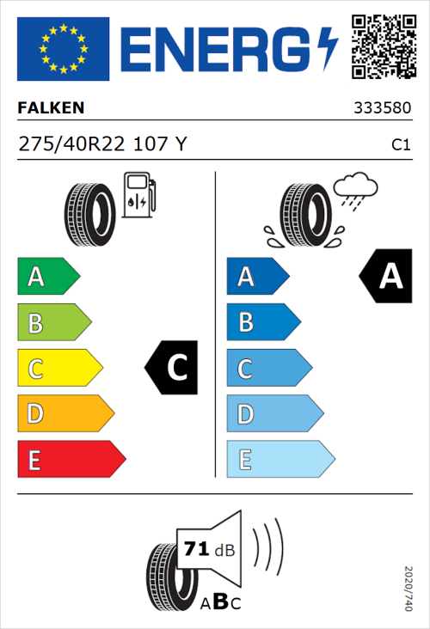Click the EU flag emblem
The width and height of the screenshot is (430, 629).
point(63,47)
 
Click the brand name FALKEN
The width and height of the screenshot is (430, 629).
point(51,108)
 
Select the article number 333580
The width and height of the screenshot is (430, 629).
point(382,109)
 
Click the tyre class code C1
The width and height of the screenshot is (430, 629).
point(400,145)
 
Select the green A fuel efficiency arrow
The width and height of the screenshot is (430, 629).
point(47,277)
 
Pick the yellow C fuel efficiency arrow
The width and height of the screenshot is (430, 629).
point(58,368)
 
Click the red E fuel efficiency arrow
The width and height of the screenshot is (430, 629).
point(70,459)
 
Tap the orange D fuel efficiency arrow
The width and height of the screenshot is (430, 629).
point(64,413)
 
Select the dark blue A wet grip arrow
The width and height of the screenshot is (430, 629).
point(256,277)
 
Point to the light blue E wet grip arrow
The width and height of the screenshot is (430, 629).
point(279,459)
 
